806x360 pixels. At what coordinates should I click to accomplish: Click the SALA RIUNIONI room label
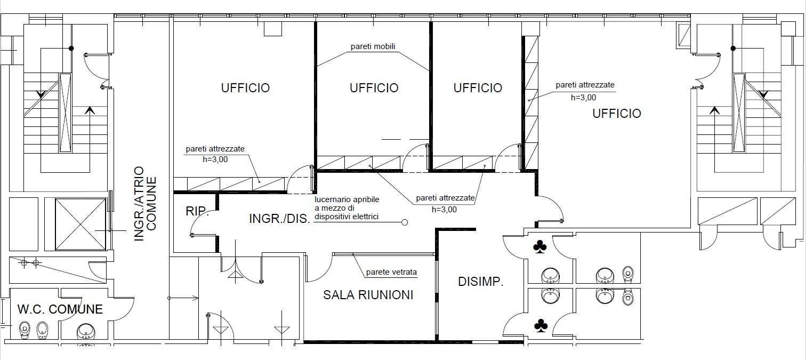tap(368, 295)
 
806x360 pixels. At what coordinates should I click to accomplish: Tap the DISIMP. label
tap(480, 282)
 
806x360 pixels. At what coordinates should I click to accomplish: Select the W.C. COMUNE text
tap(60, 309)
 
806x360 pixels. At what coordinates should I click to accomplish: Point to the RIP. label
tap(197, 211)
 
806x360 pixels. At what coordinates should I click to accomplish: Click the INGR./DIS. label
tap(279, 218)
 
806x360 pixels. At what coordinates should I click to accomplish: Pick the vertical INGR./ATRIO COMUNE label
tap(145, 203)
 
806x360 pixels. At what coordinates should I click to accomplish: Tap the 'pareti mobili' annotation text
tap(373, 46)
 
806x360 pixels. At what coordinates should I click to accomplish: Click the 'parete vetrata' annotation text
tap(391, 272)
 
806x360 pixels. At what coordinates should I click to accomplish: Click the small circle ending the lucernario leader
tap(405, 222)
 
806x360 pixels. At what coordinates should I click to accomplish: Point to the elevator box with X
tap(80, 224)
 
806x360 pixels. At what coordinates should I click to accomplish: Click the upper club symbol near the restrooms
tap(539, 247)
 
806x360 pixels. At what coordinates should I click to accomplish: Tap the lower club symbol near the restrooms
tap(541, 325)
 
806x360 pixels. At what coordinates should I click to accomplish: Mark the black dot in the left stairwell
tap(71, 48)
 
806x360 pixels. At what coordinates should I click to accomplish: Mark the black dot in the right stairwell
tap(733, 48)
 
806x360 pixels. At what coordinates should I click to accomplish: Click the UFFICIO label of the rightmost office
tap(617, 114)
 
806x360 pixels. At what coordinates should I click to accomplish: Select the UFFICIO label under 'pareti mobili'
tap(374, 88)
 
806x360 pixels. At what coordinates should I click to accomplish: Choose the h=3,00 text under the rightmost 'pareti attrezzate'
tap(583, 98)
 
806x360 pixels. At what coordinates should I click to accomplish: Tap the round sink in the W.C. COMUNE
tap(86, 331)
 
